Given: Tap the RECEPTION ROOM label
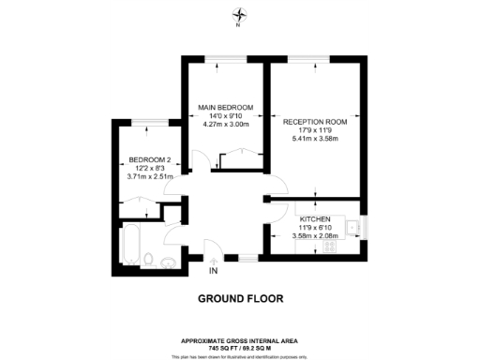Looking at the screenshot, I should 315,122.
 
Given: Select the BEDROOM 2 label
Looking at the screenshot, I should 150,158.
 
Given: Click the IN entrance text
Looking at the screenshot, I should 213,273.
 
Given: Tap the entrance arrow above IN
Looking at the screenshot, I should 213,262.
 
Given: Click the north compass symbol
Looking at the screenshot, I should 240,15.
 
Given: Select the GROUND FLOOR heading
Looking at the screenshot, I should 240,300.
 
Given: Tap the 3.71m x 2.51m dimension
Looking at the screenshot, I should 150,176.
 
